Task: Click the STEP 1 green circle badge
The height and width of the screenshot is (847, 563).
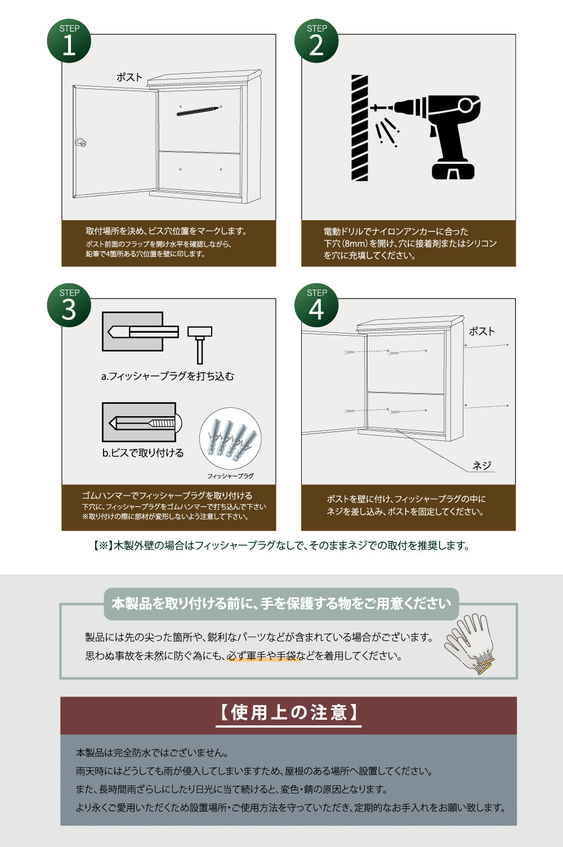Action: pyautogui.click(x=69, y=41)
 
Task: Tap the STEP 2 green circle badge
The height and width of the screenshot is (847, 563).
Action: pyautogui.click(x=316, y=41)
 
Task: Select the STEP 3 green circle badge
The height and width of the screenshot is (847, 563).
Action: pyautogui.click(x=69, y=305)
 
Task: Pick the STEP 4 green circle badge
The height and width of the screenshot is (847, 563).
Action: pyautogui.click(x=316, y=305)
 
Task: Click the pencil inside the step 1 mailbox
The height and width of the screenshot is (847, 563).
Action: pyautogui.click(x=197, y=111)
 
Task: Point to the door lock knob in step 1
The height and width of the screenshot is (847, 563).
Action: pyautogui.click(x=81, y=141)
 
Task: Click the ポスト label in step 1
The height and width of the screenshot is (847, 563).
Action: pyautogui.click(x=129, y=77)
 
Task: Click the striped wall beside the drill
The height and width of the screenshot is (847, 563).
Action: pyautogui.click(x=359, y=128)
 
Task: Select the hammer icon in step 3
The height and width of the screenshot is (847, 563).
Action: pyautogui.click(x=199, y=343)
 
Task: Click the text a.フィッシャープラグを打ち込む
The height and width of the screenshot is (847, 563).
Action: pyautogui.click(x=167, y=376)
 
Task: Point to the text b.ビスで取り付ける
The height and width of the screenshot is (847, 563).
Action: pyautogui.click(x=143, y=453)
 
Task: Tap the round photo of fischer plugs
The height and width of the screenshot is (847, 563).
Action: pyautogui.click(x=230, y=439)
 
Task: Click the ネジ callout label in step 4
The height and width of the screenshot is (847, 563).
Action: pyautogui.click(x=482, y=465)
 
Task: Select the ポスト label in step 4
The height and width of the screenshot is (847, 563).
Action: pyautogui.click(x=481, y=331)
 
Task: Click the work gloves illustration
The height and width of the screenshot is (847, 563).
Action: pyautogui.click(x=470, y=643)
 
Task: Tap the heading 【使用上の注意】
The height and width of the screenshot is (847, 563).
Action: pyautogui.click(x=288, y=712)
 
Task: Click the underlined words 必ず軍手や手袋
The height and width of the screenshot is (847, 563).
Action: pyautogui.click(x=262, y=656)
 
